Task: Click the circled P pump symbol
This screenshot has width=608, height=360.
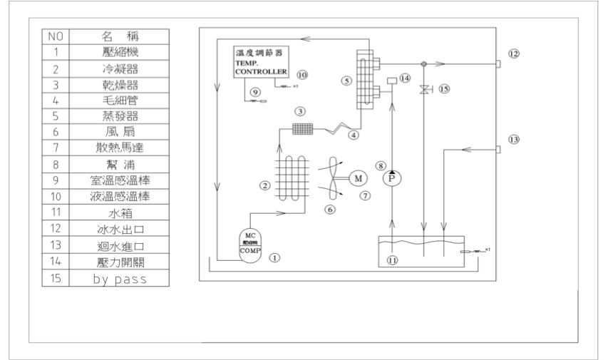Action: tap(390, 178)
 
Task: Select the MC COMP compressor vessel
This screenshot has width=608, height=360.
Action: tap(251, 247)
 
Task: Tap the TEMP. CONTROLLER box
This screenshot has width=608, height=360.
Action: tap(262, 63)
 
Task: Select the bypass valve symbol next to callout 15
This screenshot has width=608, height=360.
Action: tap(424, 90)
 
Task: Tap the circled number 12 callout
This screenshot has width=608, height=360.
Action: tap(514, 53)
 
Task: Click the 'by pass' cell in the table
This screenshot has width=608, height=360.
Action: tap(119, 279)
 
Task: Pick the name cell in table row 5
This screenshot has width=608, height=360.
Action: tap(119, 116)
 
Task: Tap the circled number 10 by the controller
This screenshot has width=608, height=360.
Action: tap(301, 74)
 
